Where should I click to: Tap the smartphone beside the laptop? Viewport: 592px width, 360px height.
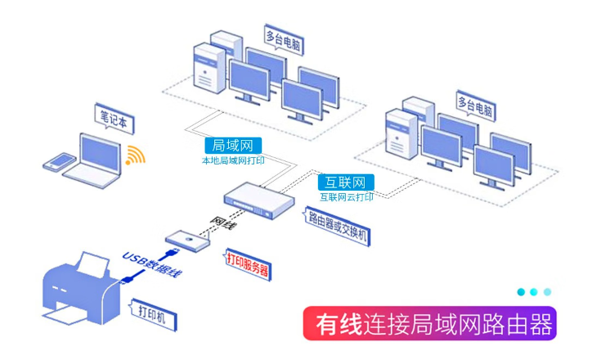point(57,163)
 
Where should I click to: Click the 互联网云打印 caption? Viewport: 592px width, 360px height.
point(347,197)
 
